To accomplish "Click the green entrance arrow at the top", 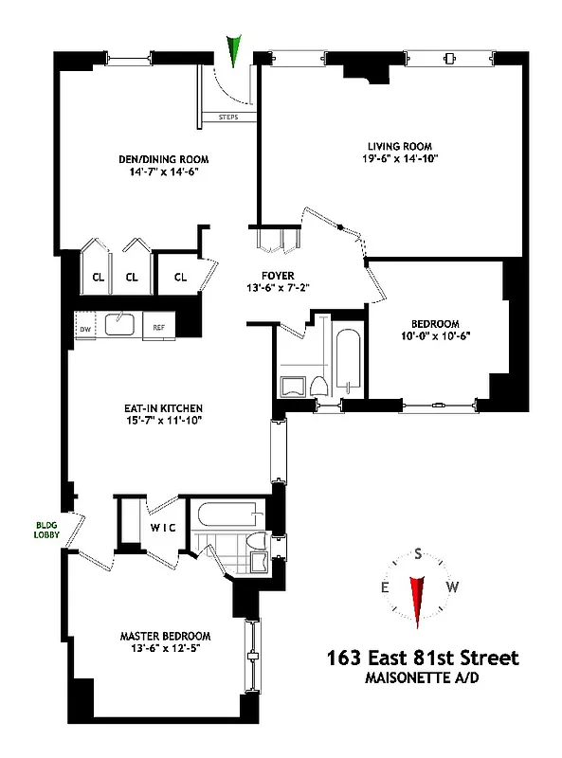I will point(234,50).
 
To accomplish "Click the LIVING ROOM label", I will point(400,146).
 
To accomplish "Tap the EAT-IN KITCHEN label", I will point(154,407).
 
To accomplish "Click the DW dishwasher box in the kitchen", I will point(84,328).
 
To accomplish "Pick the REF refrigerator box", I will point(158,328).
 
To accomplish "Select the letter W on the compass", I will point(452,587).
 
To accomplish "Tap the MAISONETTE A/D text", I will point(423,677).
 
